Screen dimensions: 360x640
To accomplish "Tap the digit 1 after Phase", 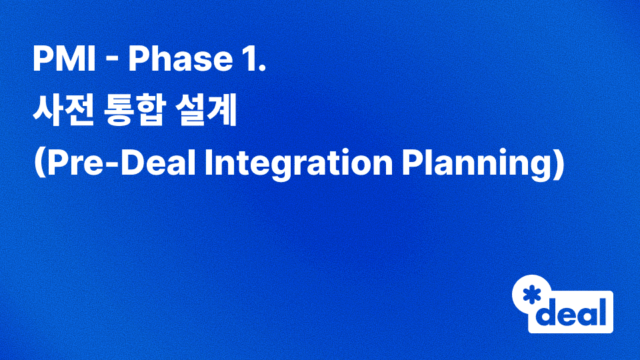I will tap(248, 61).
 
